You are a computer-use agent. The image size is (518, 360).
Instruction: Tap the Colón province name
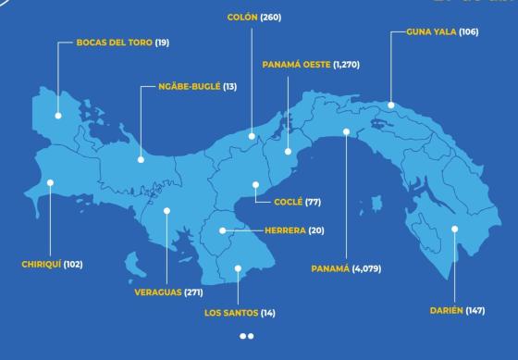(x=241, y=18)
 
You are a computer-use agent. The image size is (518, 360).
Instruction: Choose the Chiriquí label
(x=41, y=264)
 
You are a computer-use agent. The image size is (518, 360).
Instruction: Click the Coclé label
(x=290, y=201)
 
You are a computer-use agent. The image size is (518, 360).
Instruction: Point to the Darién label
(x=447, y=309)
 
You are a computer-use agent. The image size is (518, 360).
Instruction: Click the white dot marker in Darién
(x=455, y=228)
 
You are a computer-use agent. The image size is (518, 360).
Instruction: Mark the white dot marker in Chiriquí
(x=51, y=182)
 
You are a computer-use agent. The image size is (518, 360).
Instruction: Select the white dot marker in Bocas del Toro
(x=57, y=115)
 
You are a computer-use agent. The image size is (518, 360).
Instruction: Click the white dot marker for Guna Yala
(x=391, y=106)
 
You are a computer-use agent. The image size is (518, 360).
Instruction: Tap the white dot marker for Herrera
(x=223, y=230)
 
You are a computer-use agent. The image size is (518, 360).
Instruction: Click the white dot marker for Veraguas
(x=166, y=210)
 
